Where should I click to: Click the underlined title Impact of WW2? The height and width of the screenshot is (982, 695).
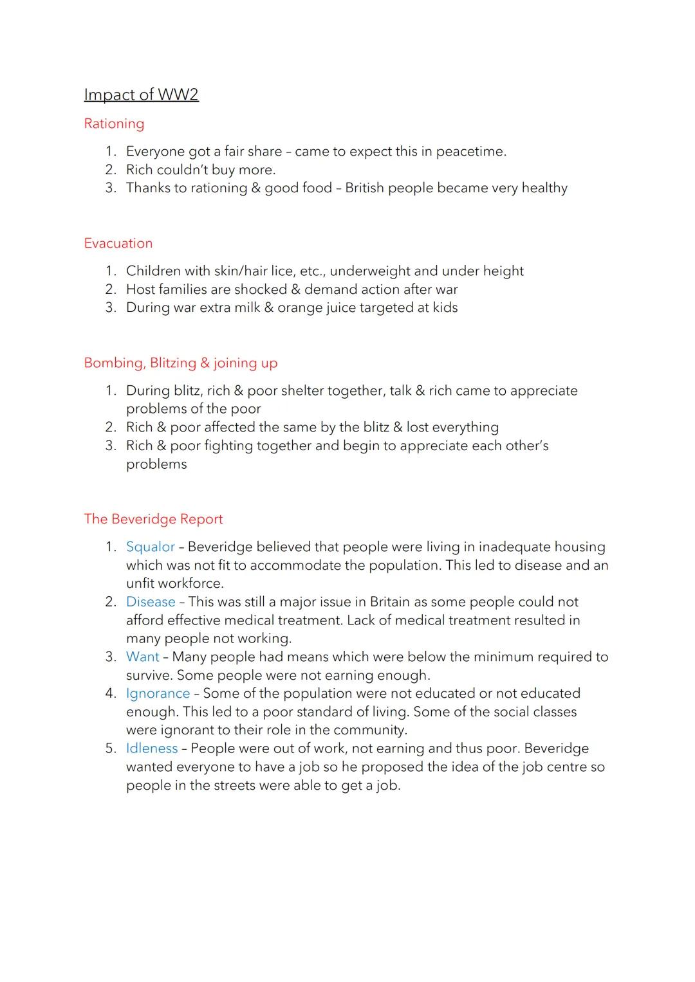tap(141, 95)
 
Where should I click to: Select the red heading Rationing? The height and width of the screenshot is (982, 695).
tap(114, 123)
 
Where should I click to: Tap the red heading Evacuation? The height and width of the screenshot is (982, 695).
tap(118, 243)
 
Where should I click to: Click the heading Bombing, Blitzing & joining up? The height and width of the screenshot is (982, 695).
tap(181, 363)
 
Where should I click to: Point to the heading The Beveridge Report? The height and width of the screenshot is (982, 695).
tap(153, 519)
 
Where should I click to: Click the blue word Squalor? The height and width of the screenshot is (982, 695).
tap(151, 547)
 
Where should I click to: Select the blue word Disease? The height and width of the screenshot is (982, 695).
tap(151, 602)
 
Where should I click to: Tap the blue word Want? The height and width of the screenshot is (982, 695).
tap(142, 657)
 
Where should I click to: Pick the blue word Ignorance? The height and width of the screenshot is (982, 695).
tap(158, 693)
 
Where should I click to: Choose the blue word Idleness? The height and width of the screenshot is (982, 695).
tap(152, 749)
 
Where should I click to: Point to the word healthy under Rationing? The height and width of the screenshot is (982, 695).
tap(544, 188)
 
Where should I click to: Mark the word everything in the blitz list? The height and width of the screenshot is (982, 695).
tap(466, 428)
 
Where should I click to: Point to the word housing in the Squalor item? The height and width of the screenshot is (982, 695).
tap(576, 547)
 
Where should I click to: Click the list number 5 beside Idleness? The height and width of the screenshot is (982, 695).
tap(109, 749)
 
